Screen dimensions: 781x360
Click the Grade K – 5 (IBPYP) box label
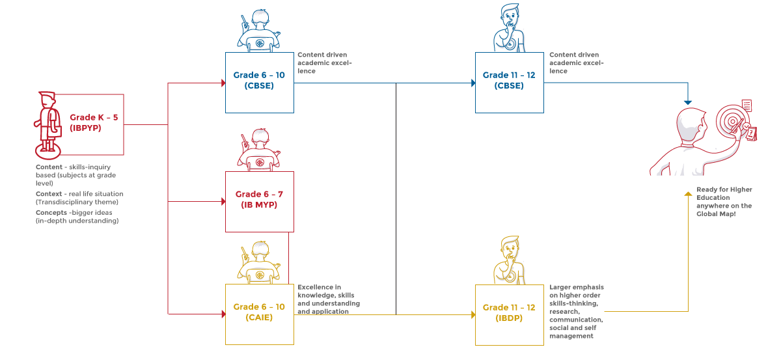(x=94, y=122)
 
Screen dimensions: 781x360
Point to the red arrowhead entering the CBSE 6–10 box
(x=223, y=83)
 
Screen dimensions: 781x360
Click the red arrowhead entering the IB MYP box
(x=223, y=201)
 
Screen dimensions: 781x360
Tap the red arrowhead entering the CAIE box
(x=223, y=314)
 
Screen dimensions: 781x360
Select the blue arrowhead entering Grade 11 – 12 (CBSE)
(x=473, y=83)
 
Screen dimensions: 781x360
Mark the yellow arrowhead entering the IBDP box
(x=473, y=314)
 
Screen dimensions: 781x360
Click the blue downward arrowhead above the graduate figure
(x=687, y=103)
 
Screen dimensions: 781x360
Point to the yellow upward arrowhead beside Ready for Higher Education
(x=688, y=194)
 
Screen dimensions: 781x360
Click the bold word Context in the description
(x=49, y=194)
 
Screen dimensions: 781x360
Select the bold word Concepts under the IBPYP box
(x=51, y=213)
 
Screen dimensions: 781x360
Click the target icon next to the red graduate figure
(x=733, y=121)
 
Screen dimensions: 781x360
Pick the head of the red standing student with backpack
(x=48, y=100)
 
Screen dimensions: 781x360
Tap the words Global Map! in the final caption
(x=716, y=214)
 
